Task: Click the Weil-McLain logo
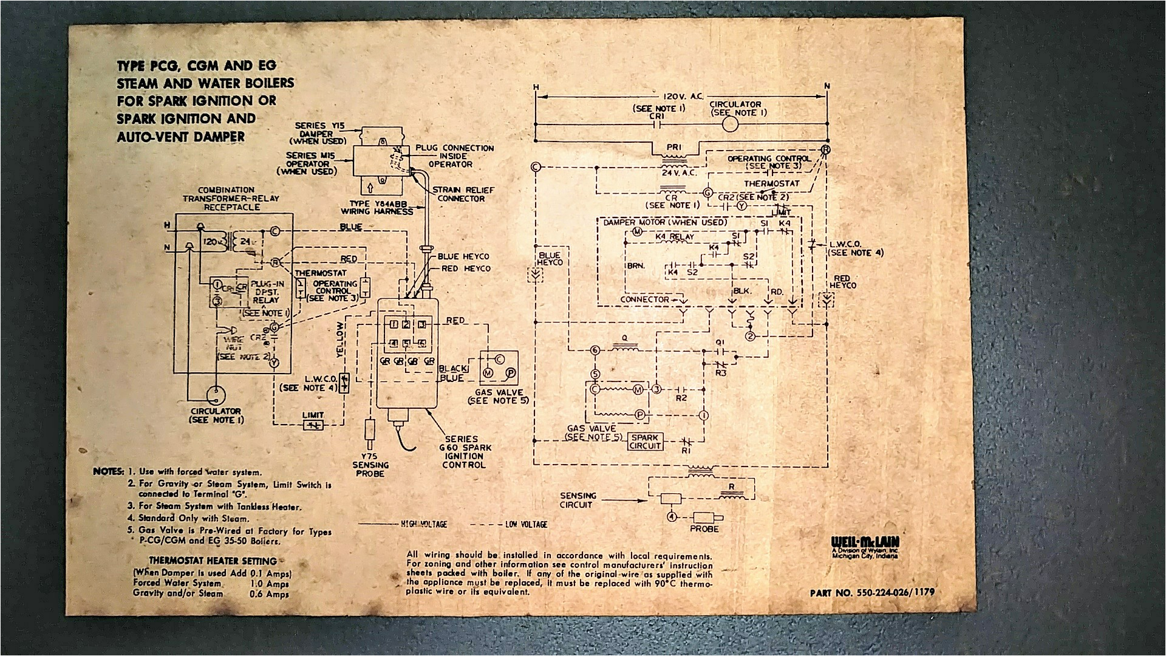865,542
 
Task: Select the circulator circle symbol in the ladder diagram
728,124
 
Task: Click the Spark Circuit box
645,441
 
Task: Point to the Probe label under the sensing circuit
704,529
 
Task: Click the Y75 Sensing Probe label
370,465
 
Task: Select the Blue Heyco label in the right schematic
550,258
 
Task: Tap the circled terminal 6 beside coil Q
595,350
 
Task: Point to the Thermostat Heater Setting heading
213,561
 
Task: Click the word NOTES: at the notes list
108,471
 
